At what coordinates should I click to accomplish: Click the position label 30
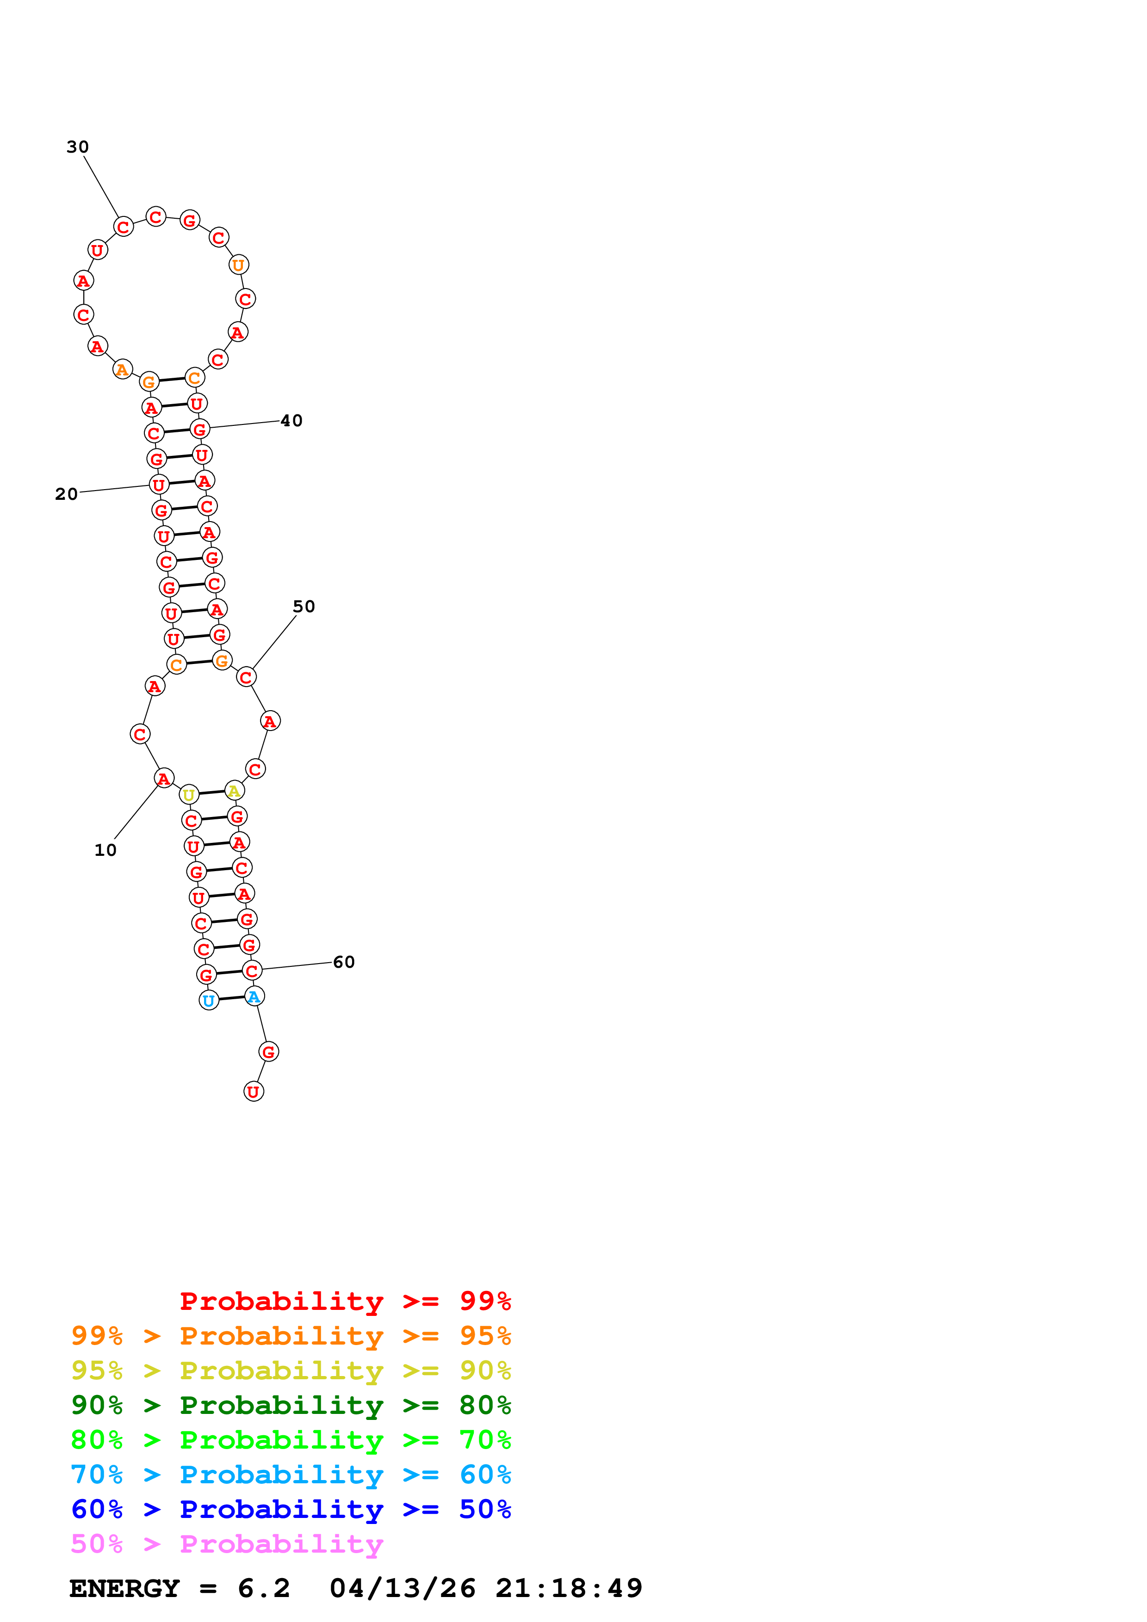78,147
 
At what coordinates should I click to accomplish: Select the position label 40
291,421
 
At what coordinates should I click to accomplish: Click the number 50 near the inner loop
304,607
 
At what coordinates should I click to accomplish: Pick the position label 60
343,962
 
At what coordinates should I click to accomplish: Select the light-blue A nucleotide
254,997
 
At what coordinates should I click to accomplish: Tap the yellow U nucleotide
189,795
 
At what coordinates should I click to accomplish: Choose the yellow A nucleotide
234,791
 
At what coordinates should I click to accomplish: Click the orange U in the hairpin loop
239,265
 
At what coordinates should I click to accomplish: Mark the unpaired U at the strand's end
253,1092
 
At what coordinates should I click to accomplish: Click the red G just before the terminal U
268,1052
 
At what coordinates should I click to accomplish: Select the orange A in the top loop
122,369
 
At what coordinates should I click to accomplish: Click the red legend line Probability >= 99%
345,1301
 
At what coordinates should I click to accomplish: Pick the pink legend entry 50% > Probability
227,1544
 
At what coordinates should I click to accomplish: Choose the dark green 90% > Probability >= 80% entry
291,1405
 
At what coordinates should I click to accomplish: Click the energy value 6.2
264,1589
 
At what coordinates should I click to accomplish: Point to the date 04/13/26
402,1589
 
